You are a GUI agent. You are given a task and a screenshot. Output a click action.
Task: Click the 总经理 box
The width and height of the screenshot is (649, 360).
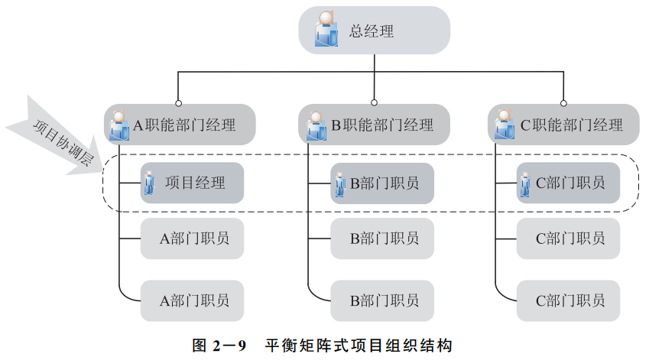tap(374, 31)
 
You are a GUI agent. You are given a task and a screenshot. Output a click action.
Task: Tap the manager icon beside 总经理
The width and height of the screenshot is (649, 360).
tap(326, 30)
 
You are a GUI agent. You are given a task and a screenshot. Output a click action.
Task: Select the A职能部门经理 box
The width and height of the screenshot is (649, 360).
tap(179, 125)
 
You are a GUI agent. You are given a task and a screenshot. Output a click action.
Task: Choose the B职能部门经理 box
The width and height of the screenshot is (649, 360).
tap(374, 125)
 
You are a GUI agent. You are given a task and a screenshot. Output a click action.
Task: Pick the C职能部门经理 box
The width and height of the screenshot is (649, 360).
tap(563, 125)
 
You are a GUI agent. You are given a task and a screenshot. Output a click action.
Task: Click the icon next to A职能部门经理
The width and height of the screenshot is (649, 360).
tap(120, 125)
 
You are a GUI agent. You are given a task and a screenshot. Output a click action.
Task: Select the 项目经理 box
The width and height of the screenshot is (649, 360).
tap(192, 183)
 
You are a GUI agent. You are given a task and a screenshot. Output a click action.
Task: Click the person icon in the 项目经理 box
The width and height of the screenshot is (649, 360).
tap(150, 183)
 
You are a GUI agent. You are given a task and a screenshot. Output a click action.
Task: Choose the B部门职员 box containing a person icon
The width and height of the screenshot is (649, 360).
tap(382, 183)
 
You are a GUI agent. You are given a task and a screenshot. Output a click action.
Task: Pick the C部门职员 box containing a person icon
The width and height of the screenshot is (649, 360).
tap(568, 183)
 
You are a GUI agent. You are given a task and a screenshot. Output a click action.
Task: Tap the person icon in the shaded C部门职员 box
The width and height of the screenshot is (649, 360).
tap(526, 183)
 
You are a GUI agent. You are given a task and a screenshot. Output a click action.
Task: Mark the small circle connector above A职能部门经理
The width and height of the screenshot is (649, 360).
tap(179, 102)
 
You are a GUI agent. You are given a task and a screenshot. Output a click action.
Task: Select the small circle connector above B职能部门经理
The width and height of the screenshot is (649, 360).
tap(374, 102)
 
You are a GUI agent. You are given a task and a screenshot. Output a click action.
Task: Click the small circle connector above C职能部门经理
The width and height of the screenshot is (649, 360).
tap(563, 102)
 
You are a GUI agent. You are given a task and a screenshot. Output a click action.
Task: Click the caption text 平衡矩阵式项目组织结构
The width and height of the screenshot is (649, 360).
tap(359, 345)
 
